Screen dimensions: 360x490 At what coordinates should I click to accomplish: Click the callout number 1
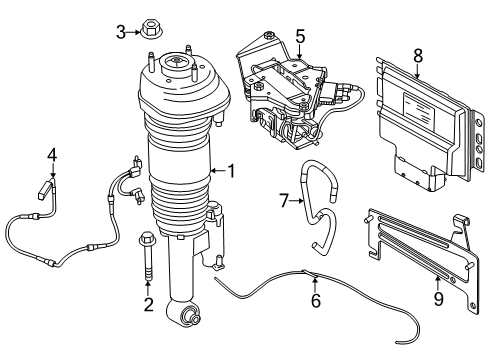point(232,171)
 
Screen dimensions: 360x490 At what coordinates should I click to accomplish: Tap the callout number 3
point(121,33)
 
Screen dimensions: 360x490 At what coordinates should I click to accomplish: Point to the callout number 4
point(53,154)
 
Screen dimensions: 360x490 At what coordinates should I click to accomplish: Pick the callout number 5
point(300,37)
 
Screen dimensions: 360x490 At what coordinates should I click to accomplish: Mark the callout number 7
point(284,201)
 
